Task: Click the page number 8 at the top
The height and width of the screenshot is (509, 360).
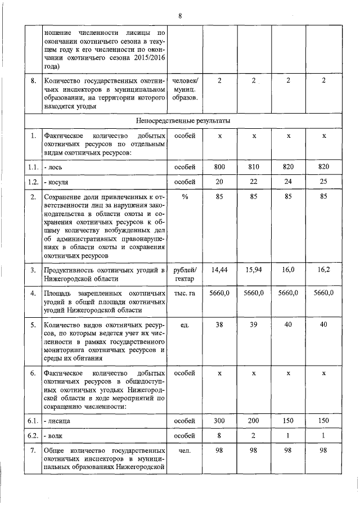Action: [x=180, y=16]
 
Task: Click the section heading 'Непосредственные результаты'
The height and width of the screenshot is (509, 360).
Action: [x=183, y=120]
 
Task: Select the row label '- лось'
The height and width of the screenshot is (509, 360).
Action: [x=56, y=167]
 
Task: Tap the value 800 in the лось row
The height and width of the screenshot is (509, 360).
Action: [x=220, y=167]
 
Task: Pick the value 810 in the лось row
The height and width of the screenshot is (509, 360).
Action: [x=254, y=167]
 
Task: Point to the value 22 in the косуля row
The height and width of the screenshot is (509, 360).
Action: [x=254, y=182]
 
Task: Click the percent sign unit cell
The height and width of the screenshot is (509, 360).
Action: [x=184, y=197]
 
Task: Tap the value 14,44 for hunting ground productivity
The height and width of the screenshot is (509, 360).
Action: [x=220, y=270]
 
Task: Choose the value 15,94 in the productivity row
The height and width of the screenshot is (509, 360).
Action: [x=254, y=270]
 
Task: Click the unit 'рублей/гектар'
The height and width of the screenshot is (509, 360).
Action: [x=184, y=274]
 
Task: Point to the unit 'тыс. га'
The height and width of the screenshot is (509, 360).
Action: [x=184, y=293]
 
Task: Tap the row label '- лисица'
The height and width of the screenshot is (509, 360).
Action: [x=60, y=420]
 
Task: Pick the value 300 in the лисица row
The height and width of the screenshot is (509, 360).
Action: [x=220, y=420]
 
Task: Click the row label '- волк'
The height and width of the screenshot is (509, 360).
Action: [x=57, y=435]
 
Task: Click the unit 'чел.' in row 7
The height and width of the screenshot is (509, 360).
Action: [x=184, y=451]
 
